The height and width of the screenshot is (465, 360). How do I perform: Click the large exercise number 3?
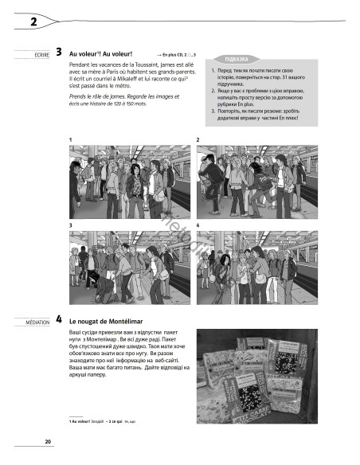tap(60, 53)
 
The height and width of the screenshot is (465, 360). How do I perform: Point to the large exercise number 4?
tap(60, 319)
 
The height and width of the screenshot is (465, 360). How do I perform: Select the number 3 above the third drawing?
tap(71, 227)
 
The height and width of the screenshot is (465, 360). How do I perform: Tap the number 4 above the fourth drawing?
tap(197, 227)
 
